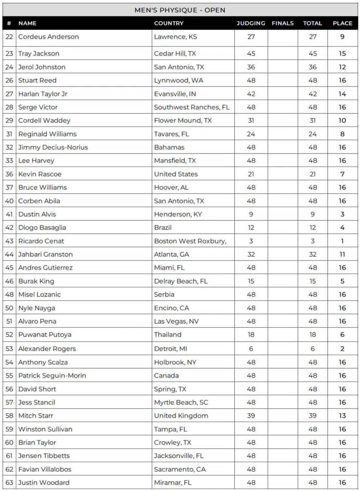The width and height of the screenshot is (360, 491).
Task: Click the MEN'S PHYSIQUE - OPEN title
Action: coord(180,10)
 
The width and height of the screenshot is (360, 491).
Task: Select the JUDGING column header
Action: coord(251,23)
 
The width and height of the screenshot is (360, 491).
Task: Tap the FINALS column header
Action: coord(282,23)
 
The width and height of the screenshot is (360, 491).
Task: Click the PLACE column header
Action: coord(342,23)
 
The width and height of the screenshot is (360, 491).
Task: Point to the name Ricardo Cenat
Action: coord(41,241)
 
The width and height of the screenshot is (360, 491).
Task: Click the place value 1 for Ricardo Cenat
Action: coord(342,241)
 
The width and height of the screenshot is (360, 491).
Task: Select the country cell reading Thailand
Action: coord(168,335)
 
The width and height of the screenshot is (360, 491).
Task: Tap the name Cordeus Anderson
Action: coord(48,37)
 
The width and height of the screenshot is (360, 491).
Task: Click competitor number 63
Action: coord(9,482)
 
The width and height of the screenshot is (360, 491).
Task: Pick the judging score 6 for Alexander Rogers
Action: coord(251,349)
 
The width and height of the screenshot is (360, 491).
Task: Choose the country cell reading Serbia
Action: coord(164,294)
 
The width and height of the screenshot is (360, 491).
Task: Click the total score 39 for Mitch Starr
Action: coord(312,416)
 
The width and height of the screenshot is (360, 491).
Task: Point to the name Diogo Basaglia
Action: coord(42,228)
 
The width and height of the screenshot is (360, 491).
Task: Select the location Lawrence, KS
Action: coord(175,37)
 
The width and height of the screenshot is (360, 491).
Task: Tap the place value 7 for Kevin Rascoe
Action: coord(342,174)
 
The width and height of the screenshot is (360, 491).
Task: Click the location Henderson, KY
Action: coord(178,214)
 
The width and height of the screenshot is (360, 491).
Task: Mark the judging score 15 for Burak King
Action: coord(251,281)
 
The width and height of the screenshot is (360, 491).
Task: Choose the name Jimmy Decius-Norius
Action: coord(53,147)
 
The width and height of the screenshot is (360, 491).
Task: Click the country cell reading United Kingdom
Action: coord(181,416)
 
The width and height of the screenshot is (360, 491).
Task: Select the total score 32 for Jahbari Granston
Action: coord(312,254)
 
